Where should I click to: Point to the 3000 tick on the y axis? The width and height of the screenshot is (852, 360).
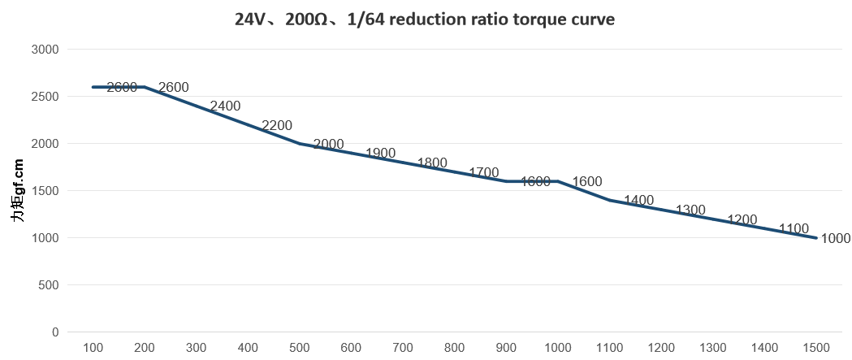click(45, 49)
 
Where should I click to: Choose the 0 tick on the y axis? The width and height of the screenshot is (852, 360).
click(55, 332)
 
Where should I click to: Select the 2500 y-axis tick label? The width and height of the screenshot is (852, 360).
click(45, 96)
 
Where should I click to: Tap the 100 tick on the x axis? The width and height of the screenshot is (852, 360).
click(93, 348)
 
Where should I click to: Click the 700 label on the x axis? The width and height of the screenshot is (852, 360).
click(403, 348)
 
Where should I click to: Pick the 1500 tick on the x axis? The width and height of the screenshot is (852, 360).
click(816, 348)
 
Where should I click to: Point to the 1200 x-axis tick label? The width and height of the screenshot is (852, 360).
click(661, 348)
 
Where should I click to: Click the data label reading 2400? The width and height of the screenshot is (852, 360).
click(225, 106)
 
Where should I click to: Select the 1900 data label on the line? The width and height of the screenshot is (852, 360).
click(380, 154)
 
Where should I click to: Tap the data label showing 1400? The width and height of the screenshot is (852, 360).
click(638, 201)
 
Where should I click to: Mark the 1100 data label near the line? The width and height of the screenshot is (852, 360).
click(794, 228)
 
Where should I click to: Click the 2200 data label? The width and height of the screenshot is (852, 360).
click(277, 126)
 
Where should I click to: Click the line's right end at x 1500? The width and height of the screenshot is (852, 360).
click(816, 238)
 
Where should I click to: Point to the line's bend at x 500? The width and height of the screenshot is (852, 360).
click(300, 144)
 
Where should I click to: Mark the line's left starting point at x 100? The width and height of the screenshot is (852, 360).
click(93, 87)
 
